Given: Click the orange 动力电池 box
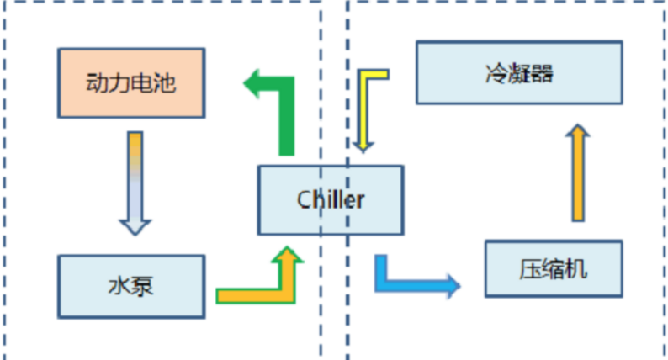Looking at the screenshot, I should (130, 83).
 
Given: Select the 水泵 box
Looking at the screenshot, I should (130, 287).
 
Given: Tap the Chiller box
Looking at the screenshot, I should (330, 199).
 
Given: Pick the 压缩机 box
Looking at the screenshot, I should (554, 268).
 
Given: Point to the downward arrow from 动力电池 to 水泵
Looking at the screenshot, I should (135, 181).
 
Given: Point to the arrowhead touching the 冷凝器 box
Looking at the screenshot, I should (577, 133).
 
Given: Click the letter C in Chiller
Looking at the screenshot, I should (304, 199).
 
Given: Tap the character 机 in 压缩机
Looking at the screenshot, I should (577, 269).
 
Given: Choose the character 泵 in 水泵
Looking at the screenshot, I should (143, 287).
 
